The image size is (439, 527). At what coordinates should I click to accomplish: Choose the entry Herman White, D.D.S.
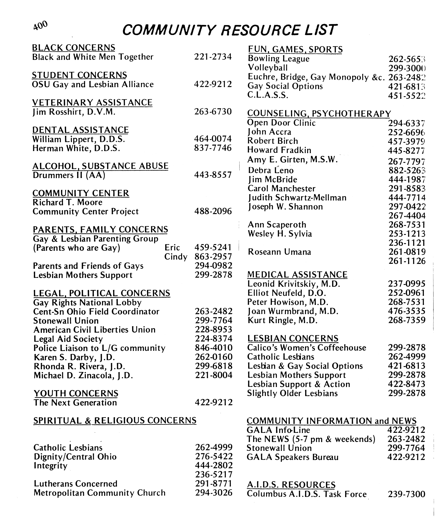click(x=76, y=148)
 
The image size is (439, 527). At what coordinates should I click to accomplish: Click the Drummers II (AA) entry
click(x=69, y=175)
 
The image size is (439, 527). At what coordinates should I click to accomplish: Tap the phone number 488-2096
click(x=213, y=211)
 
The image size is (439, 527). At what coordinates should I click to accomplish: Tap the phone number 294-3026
click(x=214, y=493)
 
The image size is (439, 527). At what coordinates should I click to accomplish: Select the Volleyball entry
click(x=268, y=68)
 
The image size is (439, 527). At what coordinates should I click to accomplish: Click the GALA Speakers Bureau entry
click(x=293, y=457)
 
